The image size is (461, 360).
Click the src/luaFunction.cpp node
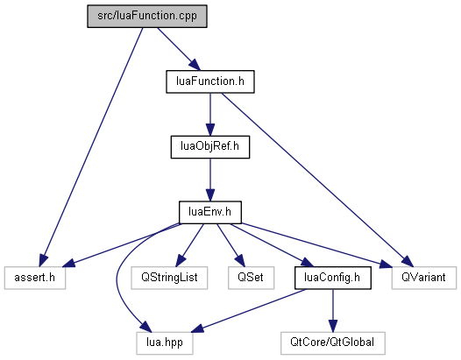point(147,16)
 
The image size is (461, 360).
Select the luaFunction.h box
point(210,81)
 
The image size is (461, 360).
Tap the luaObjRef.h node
point(210,147)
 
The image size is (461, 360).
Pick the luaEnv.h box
point(210,212)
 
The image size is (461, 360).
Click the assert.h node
point(35,278)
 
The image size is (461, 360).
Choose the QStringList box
point(169,278)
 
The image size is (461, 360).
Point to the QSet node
point(251,278)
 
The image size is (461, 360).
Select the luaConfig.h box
point(332,278)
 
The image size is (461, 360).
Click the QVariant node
point(423,278)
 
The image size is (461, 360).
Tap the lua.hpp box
point(165,343)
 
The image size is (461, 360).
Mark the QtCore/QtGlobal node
point(332,343)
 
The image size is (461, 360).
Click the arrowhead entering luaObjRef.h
point(210,130)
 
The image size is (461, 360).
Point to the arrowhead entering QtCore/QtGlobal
point(332,326)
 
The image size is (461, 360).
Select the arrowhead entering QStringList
point(181,261)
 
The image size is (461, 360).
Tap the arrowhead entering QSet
point(239,261)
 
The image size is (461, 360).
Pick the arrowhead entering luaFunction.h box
point(195,65)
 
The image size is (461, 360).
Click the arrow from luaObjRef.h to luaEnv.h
point(210,180)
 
